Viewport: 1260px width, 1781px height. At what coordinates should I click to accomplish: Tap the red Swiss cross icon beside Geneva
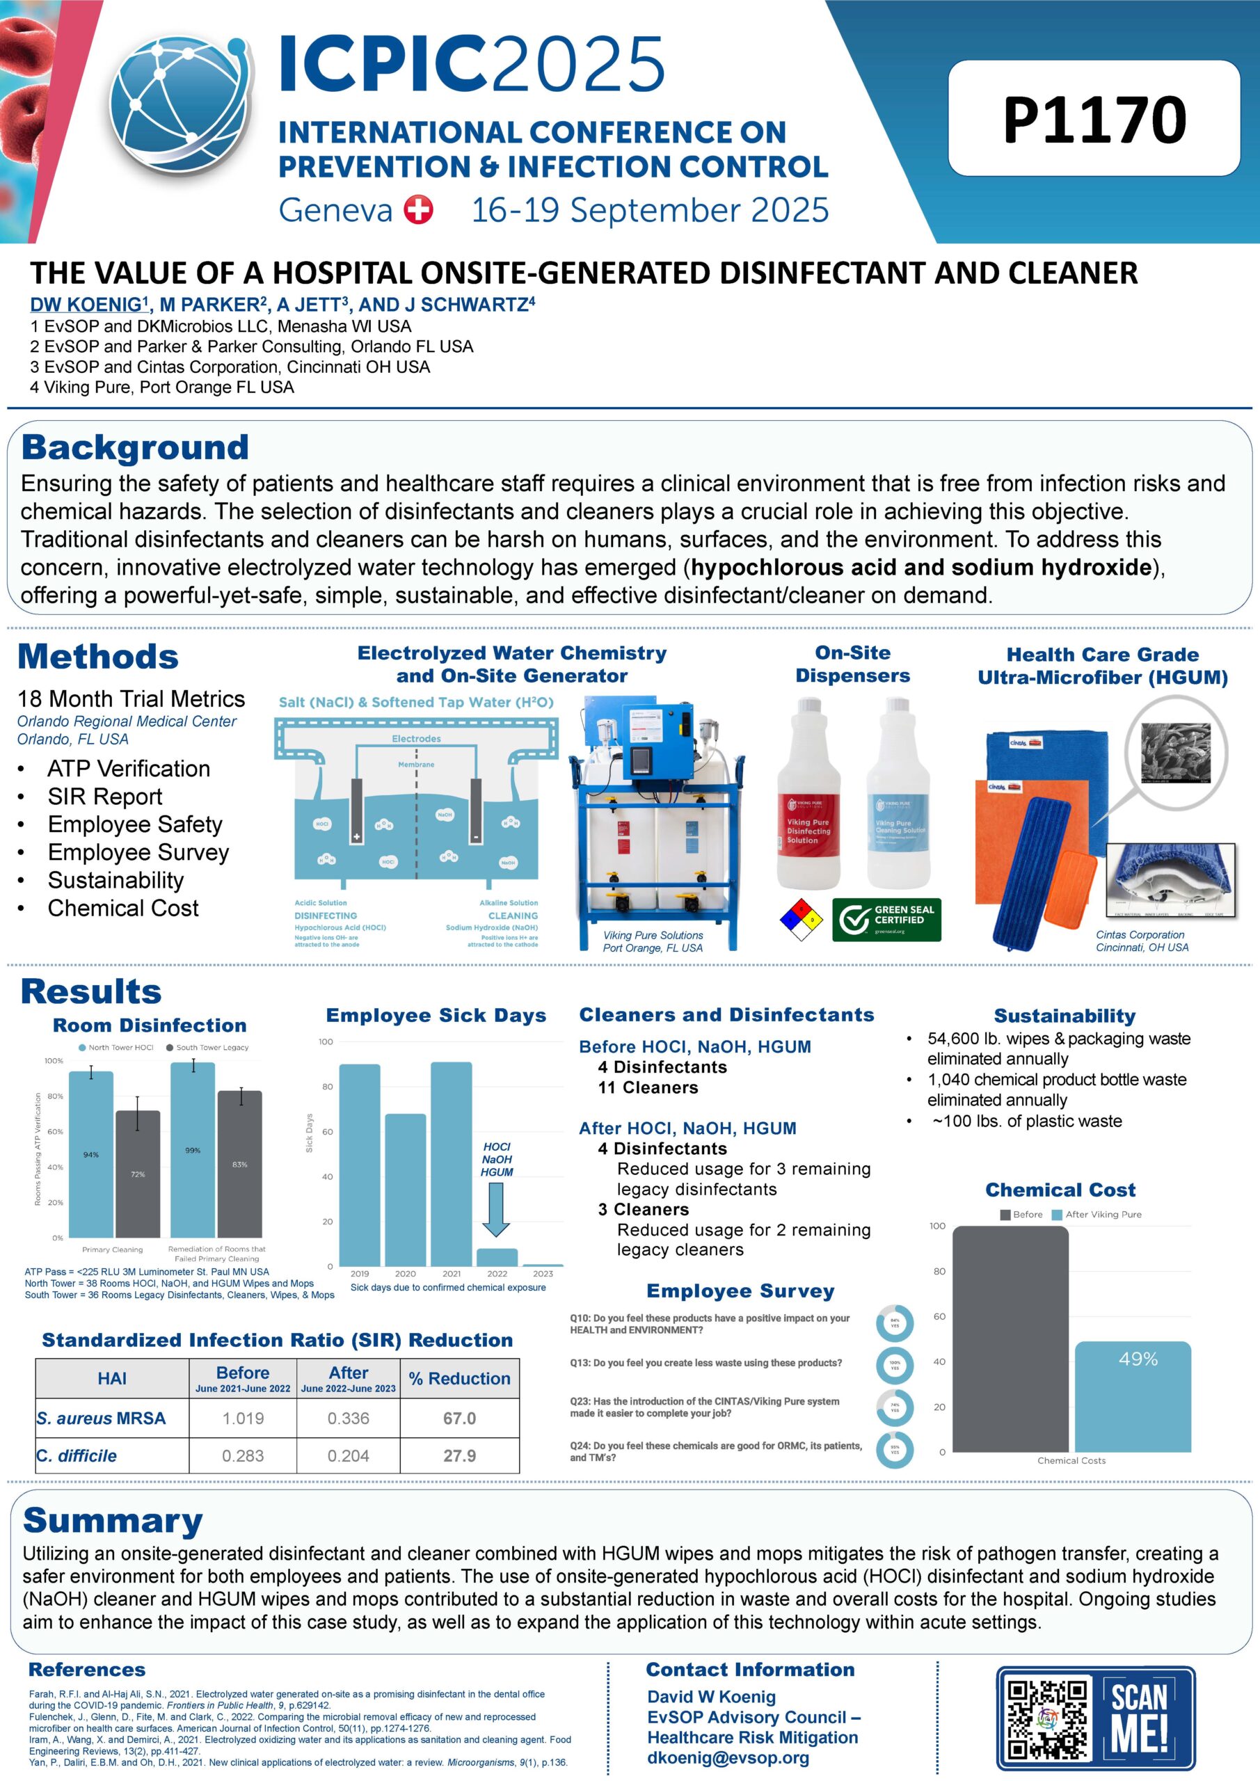(419, 209)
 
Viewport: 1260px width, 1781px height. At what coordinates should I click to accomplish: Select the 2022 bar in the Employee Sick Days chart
(497, 1256)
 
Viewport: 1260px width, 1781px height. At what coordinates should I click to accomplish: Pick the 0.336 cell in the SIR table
(349, 1418)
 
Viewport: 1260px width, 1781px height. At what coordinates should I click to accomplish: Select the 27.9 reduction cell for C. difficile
(459, 1456)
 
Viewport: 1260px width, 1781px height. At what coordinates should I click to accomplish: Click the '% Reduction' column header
(459, 1377)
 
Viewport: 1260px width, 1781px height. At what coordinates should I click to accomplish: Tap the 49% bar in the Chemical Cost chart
(1133, 1396)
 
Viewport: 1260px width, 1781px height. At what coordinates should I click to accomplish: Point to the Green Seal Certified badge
(886, 919)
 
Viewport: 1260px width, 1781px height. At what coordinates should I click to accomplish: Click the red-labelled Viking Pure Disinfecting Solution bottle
(808, 799)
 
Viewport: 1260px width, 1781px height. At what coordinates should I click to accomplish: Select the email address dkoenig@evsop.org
(728, 1758)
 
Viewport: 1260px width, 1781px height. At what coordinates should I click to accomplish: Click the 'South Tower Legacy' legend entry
(207, 1047)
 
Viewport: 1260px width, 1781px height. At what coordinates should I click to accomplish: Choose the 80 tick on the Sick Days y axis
(326, 1087)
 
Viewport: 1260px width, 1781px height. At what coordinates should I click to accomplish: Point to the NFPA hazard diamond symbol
(802, 919)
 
